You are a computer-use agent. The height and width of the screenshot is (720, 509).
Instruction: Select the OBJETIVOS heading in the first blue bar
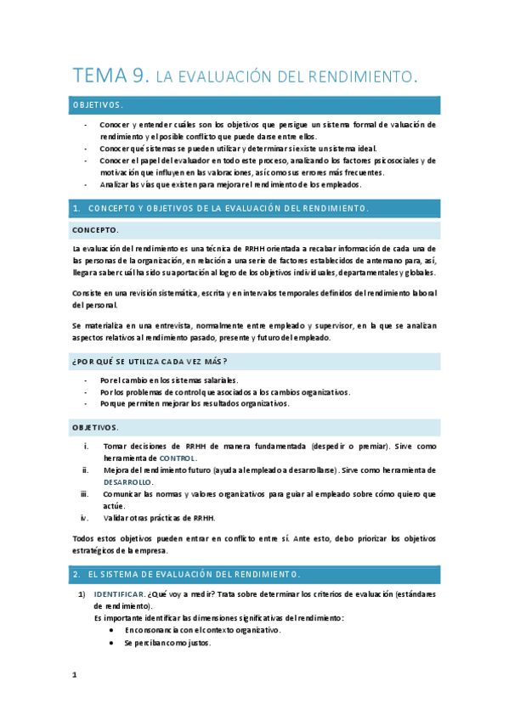pyautogui.click(x=98, y=105)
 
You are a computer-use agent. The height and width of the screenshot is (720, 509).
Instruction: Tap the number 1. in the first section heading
pyautogui.click(x=76, y=208)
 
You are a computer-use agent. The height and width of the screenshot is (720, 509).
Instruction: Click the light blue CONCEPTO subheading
pyautogui.click(x=95, y=230)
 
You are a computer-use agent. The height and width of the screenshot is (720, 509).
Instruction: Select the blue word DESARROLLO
pyautogui.click(x=128, y=481)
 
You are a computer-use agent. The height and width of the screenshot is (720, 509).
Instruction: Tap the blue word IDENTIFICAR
pyautogui.click(x=118, y=595)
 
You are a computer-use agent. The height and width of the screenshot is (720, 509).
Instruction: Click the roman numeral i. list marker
pyautogui.click(x=85, y=446)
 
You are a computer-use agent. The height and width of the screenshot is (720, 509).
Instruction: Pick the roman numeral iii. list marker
pyautogui.click(x=84, y=493)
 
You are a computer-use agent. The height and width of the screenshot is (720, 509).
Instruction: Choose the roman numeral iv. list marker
pyautogui.click(x=84, y=517)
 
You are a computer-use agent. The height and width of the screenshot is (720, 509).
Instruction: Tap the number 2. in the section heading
pyautogui.click(x=76, y=574)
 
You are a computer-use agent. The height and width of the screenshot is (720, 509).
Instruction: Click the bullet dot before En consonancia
pyautogui.click(x=113, y=631)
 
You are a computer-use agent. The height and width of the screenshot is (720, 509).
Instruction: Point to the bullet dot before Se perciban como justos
pyautogui.click(x=113, y=643)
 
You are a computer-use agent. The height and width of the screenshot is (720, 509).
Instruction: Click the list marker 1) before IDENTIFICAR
pyautogui.click(x=82, y=595)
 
